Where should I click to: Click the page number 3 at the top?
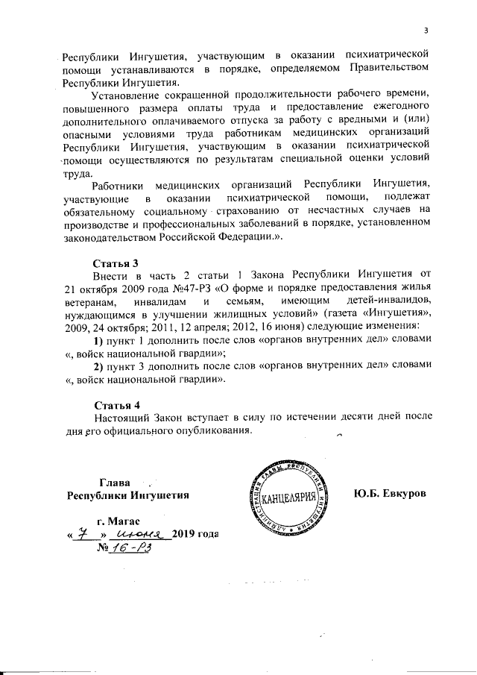(x=426, y=31)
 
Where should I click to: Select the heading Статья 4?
(x=116, y=405)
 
